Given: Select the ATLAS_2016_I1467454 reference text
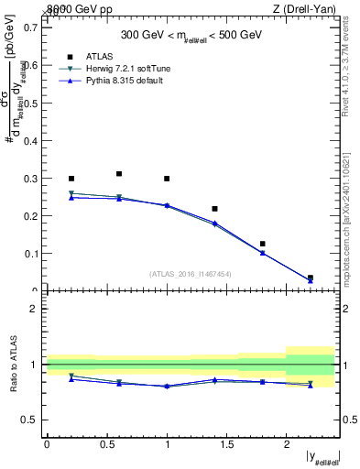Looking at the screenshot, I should pyautogui.click(x=191, y=273).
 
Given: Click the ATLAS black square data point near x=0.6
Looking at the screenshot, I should pyautogui.click(x=119, y=173).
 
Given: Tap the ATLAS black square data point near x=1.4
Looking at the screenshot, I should pyautogui.click(x=214, y=209).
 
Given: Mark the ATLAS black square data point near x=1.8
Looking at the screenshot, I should pyautogui.click(x=263, y=244).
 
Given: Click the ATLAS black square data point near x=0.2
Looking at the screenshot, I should pyautogui.click(x=71, y=179).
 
